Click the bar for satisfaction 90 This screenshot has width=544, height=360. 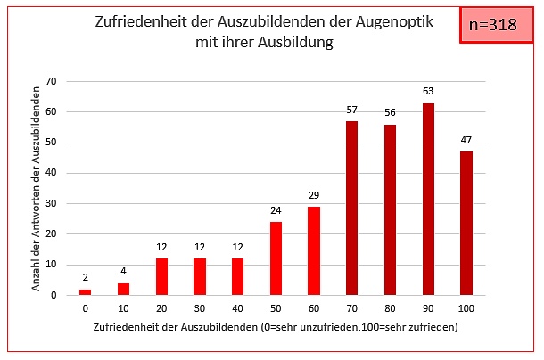[428, 199]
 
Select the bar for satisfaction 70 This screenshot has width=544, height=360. [352, 208]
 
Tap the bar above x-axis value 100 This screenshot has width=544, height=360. [466, 223]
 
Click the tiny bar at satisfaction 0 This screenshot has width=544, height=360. [86, 291]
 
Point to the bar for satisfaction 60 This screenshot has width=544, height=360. [314, 250]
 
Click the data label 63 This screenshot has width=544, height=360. [428, 90]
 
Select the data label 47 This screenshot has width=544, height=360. [466, 139]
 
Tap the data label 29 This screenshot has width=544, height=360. [314, 194]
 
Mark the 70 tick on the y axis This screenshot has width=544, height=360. [51, 81]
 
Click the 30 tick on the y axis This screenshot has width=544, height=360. [51, 203]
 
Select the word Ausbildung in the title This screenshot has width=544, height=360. [288, 42]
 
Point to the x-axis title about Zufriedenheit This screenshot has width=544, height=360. [276, 328]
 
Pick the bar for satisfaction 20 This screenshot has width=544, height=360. [161, 276]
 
